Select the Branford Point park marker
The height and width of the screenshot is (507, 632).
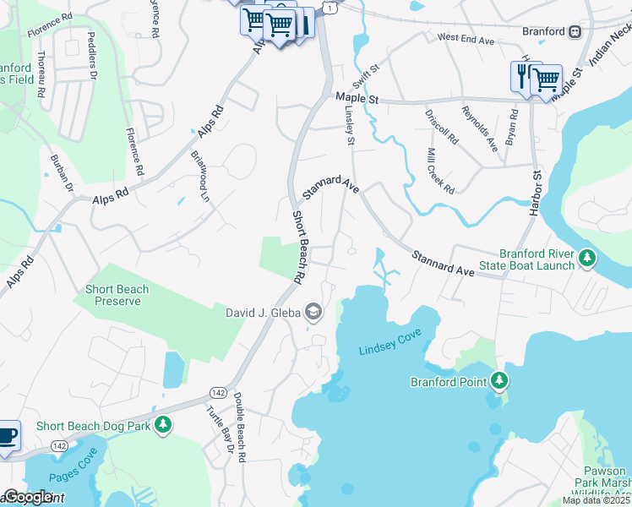tap(500, 381)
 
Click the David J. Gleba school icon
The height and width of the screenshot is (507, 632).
tap(313, 313)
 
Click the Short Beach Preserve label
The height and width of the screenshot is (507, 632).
tap(117, 295)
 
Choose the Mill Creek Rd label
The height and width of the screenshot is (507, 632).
tap(441, 172)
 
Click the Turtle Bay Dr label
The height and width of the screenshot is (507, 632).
tap(218, 432)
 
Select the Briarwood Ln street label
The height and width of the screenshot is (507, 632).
tap(199, 176)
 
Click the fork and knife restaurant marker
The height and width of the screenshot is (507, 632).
tap(521, 76)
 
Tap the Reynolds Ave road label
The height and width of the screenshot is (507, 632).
tap(478, 128)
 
